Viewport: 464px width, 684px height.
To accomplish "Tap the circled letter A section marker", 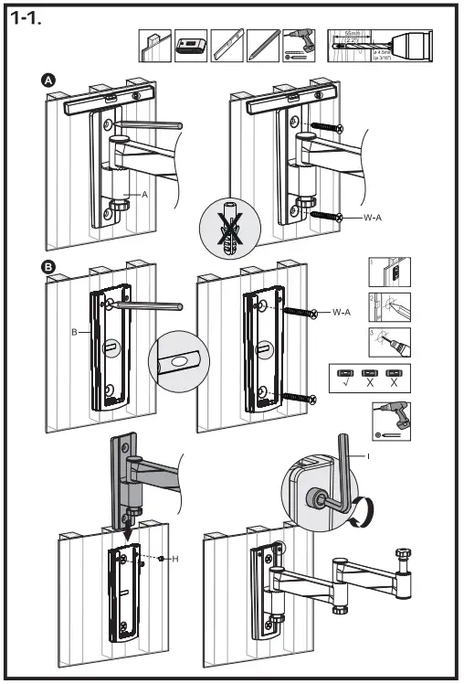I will point(51,81).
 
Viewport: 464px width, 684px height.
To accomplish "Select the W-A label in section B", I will point(343,313).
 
